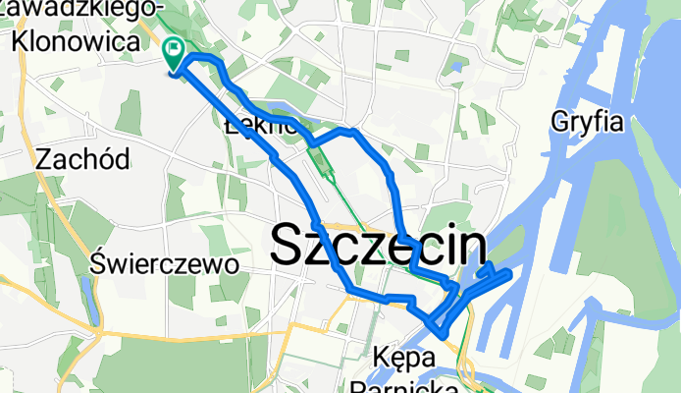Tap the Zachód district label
pos(75,157)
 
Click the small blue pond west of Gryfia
pos(455,69)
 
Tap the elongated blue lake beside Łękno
pos(278,107)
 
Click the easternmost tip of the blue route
pos(509,276)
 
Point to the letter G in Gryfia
pos(561,123)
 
